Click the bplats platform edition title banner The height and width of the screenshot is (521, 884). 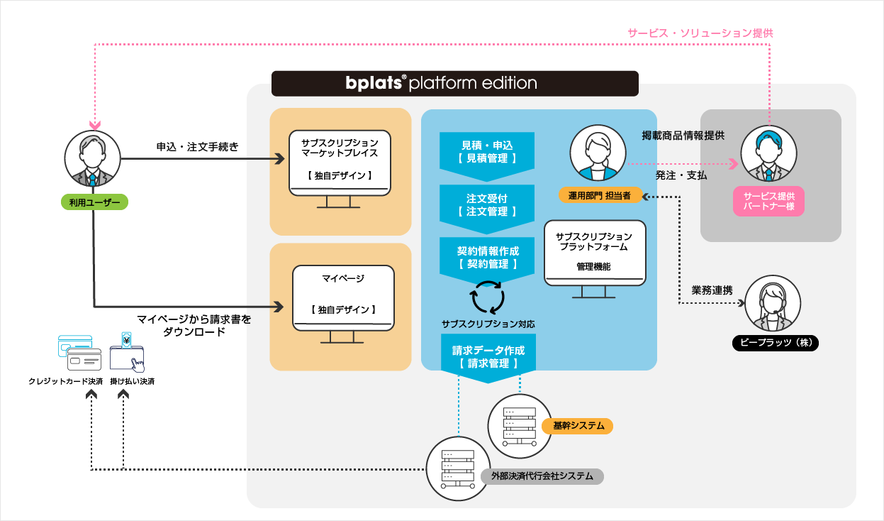point(454,83)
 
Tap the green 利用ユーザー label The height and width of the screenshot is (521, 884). point(94,203)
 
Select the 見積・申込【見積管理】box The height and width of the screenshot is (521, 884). point(487,152)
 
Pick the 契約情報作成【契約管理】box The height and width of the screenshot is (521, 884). point(487,258)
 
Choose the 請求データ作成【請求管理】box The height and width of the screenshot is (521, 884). point(488,357)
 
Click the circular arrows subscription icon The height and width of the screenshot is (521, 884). point(488,297)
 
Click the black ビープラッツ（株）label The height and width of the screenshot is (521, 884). point(776,343)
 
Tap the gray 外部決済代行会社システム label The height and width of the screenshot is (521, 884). point(542,476)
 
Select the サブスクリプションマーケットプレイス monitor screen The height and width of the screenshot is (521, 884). point(340,162)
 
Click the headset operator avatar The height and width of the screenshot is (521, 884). point(775,303)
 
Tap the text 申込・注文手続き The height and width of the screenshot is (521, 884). point(198,147)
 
